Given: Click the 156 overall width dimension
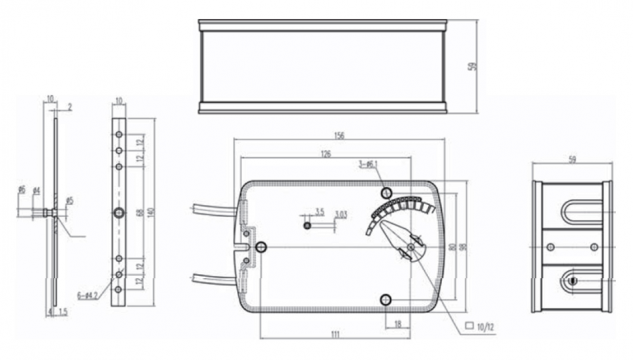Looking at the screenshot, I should (339, 136).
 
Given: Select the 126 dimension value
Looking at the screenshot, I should (325, 154).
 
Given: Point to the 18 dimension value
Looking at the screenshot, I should (397, 323).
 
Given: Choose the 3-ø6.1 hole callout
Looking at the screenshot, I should (368, 164).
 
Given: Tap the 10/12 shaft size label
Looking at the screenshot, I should (486, 325).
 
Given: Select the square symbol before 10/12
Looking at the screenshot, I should (469, 325).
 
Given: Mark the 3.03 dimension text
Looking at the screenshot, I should (341, 214).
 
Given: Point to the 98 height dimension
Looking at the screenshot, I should (463, 247).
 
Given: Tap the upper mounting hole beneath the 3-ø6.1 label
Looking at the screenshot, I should (386, 193).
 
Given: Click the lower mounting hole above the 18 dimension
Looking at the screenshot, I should (386, 298).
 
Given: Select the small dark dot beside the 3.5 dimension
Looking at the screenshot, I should (307, 225).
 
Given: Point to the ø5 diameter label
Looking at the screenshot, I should (70, 201).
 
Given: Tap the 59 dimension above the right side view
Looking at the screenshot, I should (572, 159).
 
